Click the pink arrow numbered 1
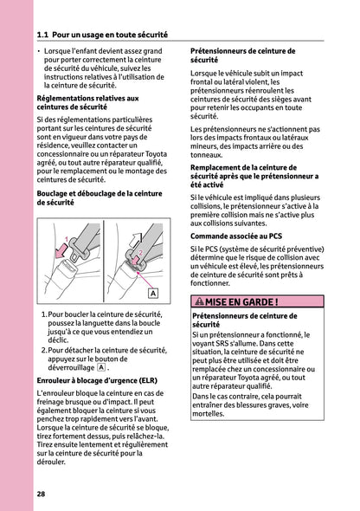click(x=60, y=252)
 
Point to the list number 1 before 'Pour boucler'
click(x=44, y=316)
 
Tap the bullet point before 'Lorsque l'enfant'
click(x=40, y=53)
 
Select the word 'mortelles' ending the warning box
click(x=209, y=413)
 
